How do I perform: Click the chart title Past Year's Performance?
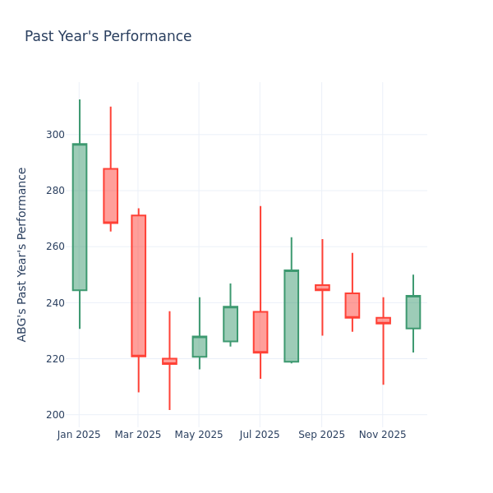(x=108, y=37)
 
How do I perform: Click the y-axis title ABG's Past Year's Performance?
(x=23, y=254)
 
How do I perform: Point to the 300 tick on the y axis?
(x=56, y=135)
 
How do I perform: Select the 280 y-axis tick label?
(x=56, y=191)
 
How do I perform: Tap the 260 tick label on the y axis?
(x=56, y=246)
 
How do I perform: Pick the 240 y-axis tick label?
(x=56, y=303)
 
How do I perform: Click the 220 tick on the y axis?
(x=56, y=359)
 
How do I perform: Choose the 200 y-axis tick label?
(x=56, y=415)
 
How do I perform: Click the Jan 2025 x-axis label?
(x=79, y=435)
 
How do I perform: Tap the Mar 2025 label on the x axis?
(x=138, y=435)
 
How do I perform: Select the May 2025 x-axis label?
(x=199, y=435)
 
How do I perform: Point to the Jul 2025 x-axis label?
(x=260, y=435)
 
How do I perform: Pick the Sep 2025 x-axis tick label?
(x=322, y=435)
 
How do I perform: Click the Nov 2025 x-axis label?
(x=382, y=435)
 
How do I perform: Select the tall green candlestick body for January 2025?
(x=80, y=217)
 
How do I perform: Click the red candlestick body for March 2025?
(x=138, y=285)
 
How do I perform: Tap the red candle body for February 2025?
(x=110, y=196)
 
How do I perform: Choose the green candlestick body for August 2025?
(x=291, y=316)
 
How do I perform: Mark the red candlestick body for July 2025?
(x=260, y=332)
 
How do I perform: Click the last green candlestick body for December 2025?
(x=412, y=312)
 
